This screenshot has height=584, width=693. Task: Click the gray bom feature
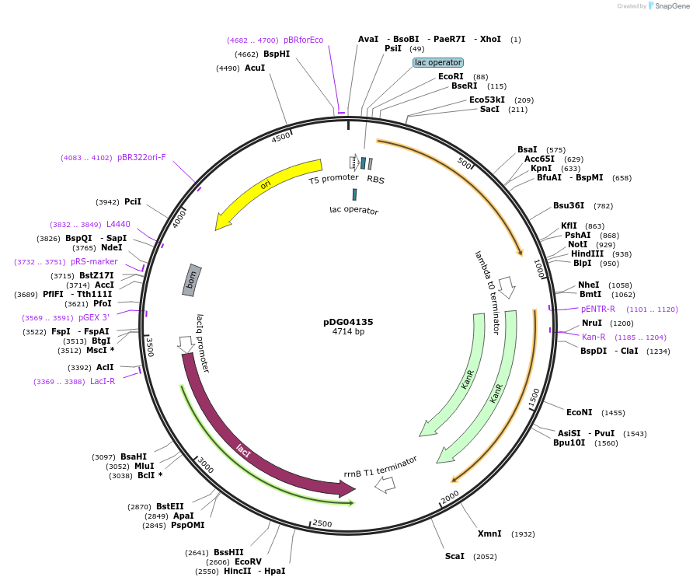pyautogui.click(x=192, y=280)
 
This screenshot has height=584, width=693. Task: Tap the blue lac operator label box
pyautogui.click(x=438, y=62)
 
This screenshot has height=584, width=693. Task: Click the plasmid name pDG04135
pyautogui.click(x=348, y=321)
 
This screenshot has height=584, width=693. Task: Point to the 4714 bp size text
pyautogui.click(x=348, y=332)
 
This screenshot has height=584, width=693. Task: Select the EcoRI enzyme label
pyautogui.click(x=451, y=76)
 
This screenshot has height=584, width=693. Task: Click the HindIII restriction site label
pyautogui.click(x=587, y=254)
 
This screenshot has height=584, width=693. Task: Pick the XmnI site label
pyautogui.click(x=489, y=533)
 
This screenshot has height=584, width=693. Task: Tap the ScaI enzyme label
pyautogui.click(x=454, y=556)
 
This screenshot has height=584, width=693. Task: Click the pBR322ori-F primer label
pyautogui.click(x=141, y=157)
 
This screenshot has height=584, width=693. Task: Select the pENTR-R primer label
pyautogui.click(x=598, y=309)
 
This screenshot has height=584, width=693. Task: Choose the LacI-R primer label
pyautogui.click(x=103, y=381)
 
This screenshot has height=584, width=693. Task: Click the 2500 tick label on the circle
pyautogui.click(x=322, y=523)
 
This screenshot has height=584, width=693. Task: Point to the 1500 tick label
pyautogui.click(x=534, y=399)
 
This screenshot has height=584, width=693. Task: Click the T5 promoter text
pyautogui.click(x=333, y=179)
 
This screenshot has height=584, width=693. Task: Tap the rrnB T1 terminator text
pyautogui.click(x=381, y=466)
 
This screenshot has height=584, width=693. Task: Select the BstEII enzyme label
pyautogui.click(x=170, y=506)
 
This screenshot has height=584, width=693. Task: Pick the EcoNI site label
pyautogui.click(x=579, y=412)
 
